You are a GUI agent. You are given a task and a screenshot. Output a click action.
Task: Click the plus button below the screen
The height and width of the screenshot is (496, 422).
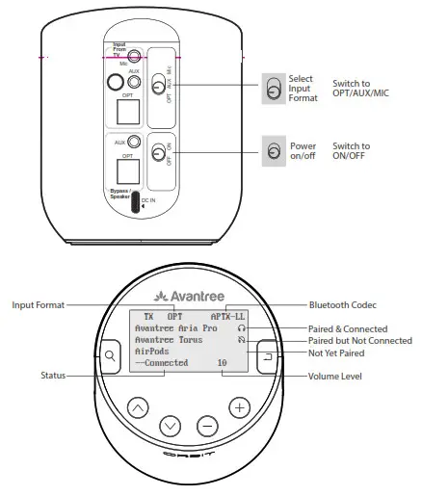click(239, 407)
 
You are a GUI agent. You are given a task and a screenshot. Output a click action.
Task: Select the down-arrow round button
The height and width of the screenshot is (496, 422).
click(171, 425)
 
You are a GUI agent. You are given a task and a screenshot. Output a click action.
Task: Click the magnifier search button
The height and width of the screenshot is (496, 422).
click(110, 356)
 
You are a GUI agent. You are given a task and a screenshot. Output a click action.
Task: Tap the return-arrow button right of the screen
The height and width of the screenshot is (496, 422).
click(268, 356)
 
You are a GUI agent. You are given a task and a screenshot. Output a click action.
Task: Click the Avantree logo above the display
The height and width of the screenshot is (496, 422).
click(189, 294)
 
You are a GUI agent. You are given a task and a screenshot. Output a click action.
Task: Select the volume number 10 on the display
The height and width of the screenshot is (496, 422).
click(222, 364)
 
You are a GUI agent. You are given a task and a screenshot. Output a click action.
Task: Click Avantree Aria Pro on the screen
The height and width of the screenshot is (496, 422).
click(177, 327)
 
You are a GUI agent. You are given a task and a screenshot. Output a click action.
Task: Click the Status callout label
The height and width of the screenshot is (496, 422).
click(54, 376)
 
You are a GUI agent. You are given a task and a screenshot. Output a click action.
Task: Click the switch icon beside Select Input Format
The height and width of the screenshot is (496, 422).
click(274, 91)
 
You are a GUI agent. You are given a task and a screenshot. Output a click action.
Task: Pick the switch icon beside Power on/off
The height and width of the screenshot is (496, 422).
click(274, 151)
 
